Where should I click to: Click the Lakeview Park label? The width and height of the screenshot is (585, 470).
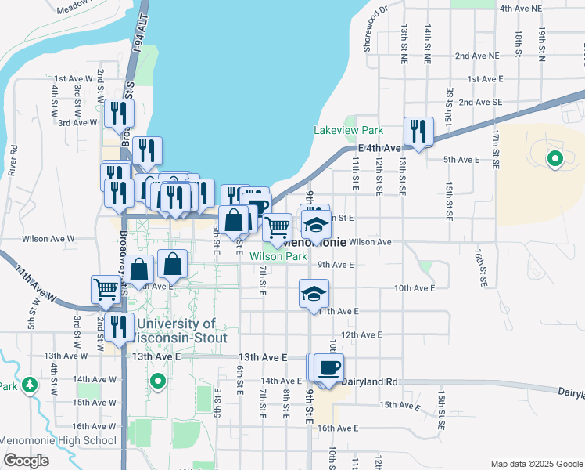(x=348, y=130)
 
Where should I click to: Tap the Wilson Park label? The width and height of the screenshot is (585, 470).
(x=278, y=255)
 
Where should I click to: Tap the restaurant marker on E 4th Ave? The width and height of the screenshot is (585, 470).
(x=418, y=131)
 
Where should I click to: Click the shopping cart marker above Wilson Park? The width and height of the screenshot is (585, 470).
(x=277, y=227)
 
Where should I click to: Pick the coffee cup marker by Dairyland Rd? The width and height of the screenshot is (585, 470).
(x=329, y=367)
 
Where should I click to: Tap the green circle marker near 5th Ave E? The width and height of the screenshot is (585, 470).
(x=554, y=161)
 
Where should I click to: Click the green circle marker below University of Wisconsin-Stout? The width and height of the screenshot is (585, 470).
(x=158, y=381)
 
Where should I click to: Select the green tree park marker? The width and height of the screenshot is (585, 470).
(x=30, y=385)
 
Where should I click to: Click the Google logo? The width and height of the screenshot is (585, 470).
(x=26, y=461)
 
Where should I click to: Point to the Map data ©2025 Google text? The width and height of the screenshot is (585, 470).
(x=536, y=463)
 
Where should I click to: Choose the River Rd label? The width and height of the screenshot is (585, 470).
(x=13, y=159)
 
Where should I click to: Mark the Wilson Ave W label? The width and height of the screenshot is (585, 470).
(x=48, y=238)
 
